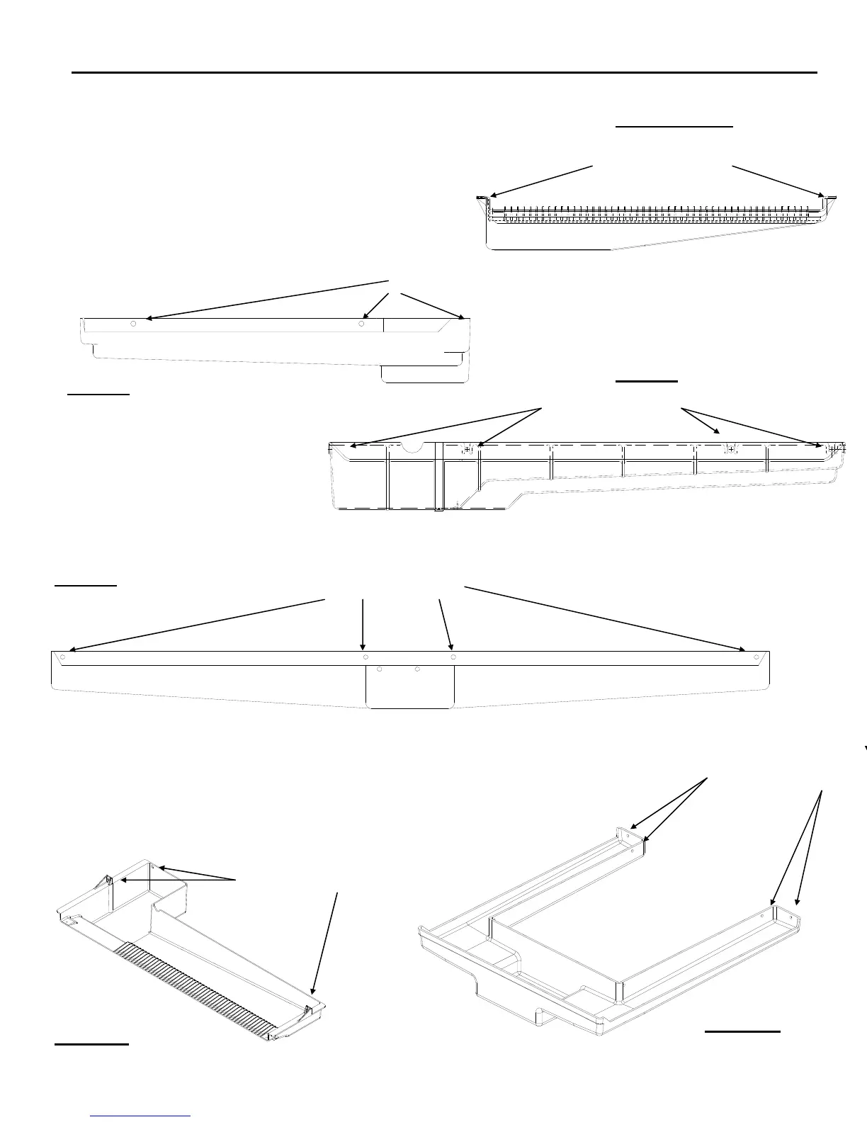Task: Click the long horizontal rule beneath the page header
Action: [445, 72]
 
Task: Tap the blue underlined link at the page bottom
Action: [142, 1116]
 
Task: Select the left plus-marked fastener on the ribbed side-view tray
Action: [467, 449]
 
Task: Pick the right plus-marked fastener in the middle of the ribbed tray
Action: [730, 449]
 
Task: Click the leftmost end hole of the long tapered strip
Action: [63, 657]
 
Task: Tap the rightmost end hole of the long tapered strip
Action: [756, 657]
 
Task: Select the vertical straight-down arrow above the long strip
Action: [363, 623]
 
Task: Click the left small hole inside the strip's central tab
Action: [380, 669]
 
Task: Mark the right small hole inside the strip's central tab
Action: [418, 669]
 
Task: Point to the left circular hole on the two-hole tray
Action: [133, 324]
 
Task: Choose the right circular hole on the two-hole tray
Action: [361, 324]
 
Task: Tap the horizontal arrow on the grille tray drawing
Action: [177, 880]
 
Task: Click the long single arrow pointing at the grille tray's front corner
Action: [324, 942]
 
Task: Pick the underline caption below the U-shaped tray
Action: [742, 1032]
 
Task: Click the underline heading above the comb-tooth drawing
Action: [674, 127]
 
